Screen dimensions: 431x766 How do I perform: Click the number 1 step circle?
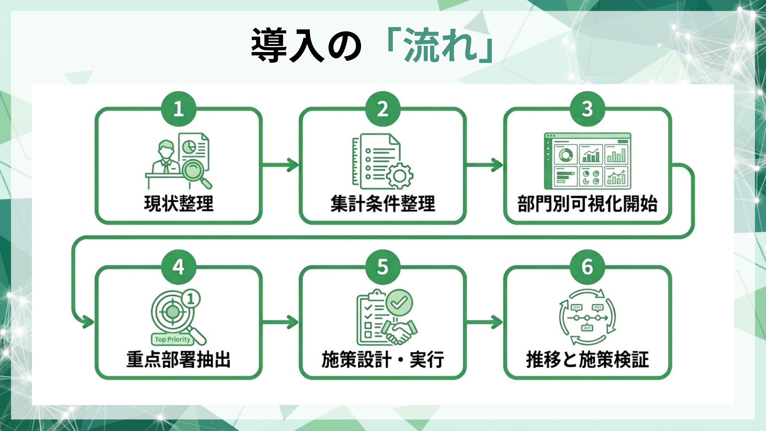coord(178,109)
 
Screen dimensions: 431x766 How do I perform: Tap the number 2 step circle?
coord(383,109)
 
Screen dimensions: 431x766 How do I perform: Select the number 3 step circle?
coord(587,109)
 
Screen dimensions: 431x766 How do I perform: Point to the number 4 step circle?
coord(178,267)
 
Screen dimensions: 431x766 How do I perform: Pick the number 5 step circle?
coord(383,267)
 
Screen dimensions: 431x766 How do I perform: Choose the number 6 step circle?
coord(587,267)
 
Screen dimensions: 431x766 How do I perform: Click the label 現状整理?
coord(179,204)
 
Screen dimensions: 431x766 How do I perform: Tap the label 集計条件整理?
coord(383,204)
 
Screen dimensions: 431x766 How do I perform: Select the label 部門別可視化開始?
coord(587,204)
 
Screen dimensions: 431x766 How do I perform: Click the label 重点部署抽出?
coord(179,359)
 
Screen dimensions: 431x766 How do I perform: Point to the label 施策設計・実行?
coord(383,359)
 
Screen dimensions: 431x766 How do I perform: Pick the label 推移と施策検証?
coord(587,359)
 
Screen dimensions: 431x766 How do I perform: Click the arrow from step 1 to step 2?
coord(280,164)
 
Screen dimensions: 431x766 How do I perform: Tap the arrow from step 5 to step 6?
coord(485,322)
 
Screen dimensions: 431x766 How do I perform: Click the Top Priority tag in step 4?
coord(172,339)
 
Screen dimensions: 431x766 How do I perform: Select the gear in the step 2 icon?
coord(400,176)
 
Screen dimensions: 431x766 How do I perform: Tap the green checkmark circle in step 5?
coord(399,302)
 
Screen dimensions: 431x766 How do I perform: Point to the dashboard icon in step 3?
coord(587,161)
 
